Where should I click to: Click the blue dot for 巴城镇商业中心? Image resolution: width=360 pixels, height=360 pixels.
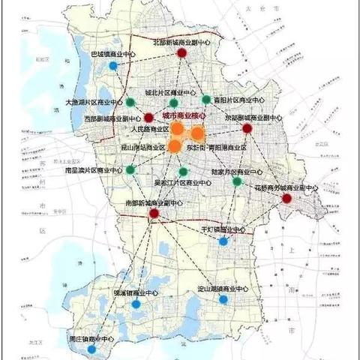click(112, 65)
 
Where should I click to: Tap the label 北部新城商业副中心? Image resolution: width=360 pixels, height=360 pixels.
click(182, 44)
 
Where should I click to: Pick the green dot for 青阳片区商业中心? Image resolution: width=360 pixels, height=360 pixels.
click(206, 99)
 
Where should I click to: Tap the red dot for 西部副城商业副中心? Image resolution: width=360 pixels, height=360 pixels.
click(148, 118)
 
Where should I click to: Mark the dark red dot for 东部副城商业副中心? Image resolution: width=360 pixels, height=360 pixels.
click(247, 129)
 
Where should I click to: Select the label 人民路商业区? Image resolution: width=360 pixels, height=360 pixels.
click(151, 129)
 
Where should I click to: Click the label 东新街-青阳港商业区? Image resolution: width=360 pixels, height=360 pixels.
click(216, 148)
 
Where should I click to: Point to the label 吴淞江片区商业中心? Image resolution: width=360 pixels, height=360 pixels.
click(177, 182)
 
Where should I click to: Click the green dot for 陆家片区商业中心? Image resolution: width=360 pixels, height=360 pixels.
click(237, 181)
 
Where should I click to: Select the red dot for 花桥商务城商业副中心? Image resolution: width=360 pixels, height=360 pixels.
click(287, 199)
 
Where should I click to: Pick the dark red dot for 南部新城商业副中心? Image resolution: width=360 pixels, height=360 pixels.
click(154, 214)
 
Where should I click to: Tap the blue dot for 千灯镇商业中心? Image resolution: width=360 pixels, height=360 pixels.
click(223, 241)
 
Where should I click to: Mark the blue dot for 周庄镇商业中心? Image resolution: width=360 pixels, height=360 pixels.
click(91, 349)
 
